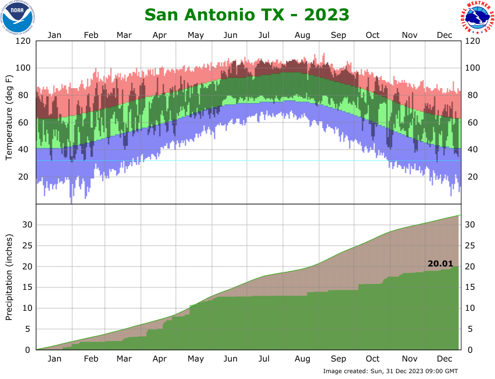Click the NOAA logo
(x=18, y=17)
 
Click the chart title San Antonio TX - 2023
(x=247, y=14)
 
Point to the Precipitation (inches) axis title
(x=9, y=278)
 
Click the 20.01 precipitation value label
(x=440, y=264)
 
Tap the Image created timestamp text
(x=390, y=371)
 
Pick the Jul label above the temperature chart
(x=264, y=35)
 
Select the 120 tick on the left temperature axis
(x=24, y=41)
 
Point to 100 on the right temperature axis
(x=472, y=68)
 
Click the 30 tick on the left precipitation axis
(x=26, y=225)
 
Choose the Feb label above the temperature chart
(x=91, y=35)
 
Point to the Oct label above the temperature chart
(x=373, y=35)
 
